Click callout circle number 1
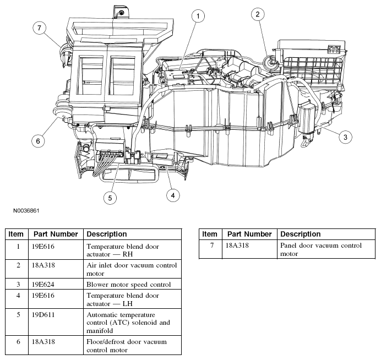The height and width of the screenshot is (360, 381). point(197,18)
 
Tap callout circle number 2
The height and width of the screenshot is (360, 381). point(257,15)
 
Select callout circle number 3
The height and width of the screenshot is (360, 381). point(345,137)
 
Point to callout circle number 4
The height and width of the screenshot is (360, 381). point(173,194)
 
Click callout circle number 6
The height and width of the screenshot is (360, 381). point(38,141)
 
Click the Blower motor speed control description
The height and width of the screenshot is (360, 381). point(128,285)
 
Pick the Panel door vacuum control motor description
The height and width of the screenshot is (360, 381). point(320,249)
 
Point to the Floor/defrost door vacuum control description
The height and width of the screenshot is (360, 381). point(127,346)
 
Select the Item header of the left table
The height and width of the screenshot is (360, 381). point(17,234)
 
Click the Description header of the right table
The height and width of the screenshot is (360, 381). point(301,234)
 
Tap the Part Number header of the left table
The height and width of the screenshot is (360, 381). point(55,234)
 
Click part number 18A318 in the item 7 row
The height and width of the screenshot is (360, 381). point(237,246)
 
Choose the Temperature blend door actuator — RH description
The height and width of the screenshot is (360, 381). point(123,250)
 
